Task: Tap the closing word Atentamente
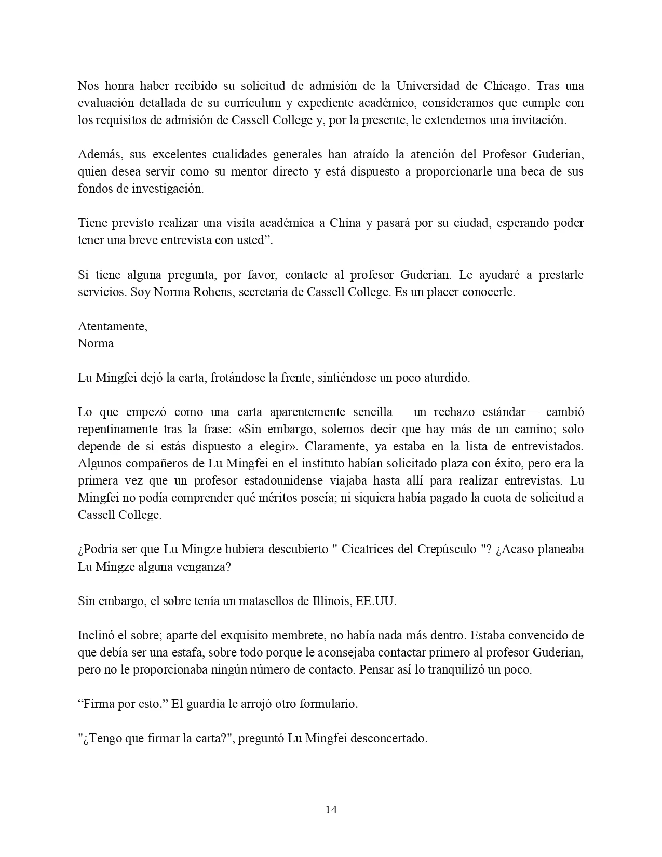tap(112, 326)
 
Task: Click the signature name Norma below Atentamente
tap(96, 343)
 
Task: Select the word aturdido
tap(445, 378)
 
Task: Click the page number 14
tap(331, 809)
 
